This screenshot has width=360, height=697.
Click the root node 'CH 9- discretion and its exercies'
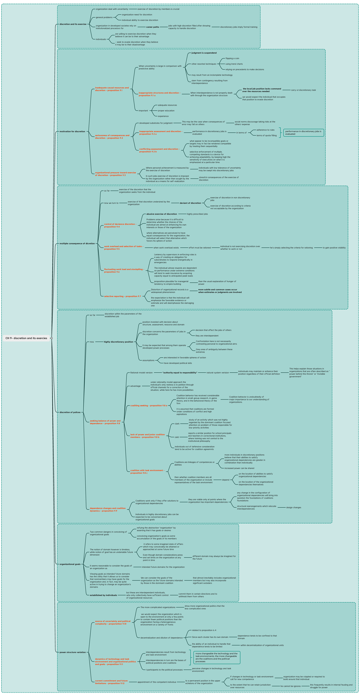coord(26,338)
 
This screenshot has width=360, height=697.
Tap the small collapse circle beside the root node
coord(52,338)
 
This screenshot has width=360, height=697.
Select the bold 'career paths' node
coord(152,27)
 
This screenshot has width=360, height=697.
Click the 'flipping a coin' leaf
coord(232,58)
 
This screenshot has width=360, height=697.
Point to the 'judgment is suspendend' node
coord(204,53)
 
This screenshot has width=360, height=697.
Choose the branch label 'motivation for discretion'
coord(72,131)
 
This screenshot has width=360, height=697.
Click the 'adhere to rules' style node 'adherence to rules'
coord(265,130)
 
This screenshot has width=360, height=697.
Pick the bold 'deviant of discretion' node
coord(190,203)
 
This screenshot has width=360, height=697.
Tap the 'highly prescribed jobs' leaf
coord(197,214)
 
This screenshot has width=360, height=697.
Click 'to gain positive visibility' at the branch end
coord(334,248)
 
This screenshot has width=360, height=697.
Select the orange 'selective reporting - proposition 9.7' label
coord(122,296)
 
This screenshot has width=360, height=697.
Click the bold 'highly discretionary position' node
coord(118,342)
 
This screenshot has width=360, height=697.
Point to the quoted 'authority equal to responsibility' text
coord(180,373)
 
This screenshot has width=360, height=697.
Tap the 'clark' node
coord(177,424)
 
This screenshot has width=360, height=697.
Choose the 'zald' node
coord(177,437)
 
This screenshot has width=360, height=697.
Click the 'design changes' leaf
coord(293,507)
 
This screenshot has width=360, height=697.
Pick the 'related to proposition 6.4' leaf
coord(204,630)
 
